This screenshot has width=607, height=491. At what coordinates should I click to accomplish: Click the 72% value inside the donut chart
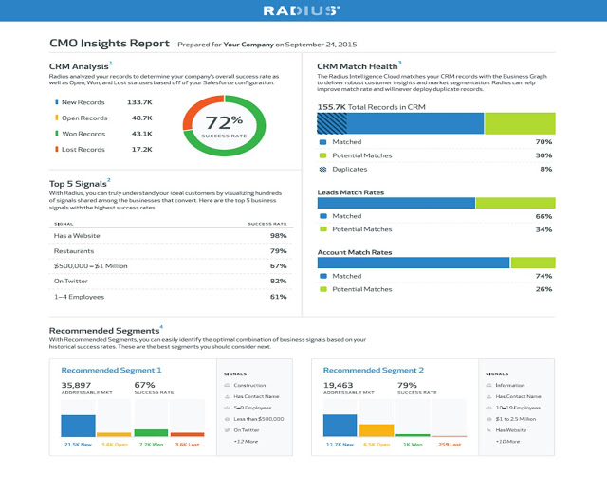pos(224,121)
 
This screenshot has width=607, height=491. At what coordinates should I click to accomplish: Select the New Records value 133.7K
pos(139,101)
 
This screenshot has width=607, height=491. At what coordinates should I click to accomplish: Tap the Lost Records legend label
pos(84,150)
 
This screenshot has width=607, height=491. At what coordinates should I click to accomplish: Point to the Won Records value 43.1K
pos(141,134)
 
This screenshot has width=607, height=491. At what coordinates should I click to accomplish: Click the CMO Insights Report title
pos(109,44)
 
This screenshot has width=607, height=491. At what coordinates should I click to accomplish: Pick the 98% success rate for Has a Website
pos(278,235)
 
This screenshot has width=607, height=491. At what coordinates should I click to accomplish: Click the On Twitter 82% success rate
pos(278,281)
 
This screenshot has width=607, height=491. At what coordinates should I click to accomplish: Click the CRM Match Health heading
pos(357,64)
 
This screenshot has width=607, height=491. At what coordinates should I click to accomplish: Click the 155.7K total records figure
pos(333,107)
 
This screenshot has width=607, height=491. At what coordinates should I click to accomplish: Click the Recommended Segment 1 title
pos(111,370)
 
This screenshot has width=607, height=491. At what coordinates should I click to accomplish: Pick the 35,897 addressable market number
pos(77,386)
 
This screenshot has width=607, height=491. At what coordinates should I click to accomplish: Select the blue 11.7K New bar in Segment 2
pos(340,426)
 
